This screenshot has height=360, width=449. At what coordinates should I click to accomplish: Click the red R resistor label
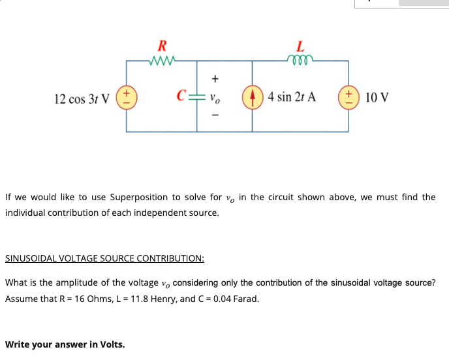click(162, 46)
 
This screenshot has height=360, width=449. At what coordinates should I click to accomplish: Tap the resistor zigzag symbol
click(162, 61)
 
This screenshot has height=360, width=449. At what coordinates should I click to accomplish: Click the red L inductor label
click(300, 46)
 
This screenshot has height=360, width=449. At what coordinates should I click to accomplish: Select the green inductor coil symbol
click(300, 61)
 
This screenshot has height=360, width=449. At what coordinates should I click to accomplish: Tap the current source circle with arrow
click(253, 98)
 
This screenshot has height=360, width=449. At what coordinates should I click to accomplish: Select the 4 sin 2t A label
click(292, 98)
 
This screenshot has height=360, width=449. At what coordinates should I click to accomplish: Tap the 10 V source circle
click(348, 98)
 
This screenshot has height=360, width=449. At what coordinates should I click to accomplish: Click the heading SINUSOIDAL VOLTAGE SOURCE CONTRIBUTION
click(104, 258)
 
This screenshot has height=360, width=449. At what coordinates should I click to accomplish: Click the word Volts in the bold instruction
click(111, 344)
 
